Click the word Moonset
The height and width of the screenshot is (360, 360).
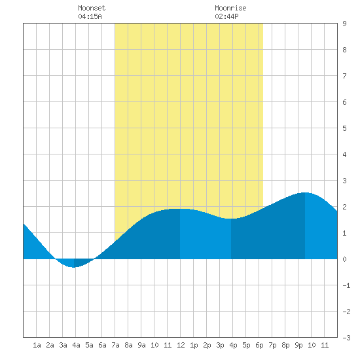92,8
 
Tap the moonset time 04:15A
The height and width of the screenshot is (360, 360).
90,16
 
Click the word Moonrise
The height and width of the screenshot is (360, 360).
230,8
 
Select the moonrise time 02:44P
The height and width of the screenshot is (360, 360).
226,16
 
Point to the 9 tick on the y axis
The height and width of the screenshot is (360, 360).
344,24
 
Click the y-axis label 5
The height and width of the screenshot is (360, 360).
344,128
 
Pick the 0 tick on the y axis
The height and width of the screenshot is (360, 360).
344,259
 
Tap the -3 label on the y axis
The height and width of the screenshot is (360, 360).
346,338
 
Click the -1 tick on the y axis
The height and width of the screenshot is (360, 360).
346,285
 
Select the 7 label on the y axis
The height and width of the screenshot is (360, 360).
344,76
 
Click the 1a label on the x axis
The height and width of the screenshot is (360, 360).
37,345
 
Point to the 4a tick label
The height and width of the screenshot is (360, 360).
76,345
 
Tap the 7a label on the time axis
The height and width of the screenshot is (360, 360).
115,345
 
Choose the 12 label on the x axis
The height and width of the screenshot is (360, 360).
181,345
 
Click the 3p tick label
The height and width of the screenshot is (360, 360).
220,345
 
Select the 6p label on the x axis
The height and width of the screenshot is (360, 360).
259,345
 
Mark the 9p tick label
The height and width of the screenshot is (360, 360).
298,345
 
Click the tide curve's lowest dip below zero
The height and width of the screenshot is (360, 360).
74,267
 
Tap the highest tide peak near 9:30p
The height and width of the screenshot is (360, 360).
305,192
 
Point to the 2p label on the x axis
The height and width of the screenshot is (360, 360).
207,345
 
